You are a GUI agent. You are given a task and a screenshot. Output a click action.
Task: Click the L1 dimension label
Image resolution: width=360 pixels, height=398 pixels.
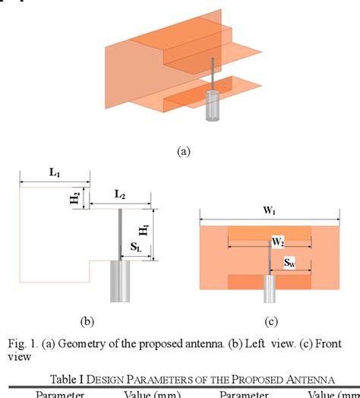click(55, 172)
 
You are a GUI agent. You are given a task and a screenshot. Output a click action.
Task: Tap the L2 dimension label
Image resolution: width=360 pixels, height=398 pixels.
click(120, 194)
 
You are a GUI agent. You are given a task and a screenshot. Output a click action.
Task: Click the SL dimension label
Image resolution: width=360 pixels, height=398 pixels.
click(134, 248)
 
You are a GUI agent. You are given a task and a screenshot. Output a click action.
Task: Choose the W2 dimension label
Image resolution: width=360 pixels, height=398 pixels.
click(279, 242)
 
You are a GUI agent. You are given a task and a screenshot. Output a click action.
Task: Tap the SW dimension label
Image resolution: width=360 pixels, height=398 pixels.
click(290, 263)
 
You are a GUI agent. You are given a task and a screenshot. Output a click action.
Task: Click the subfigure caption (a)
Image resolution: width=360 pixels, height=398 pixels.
click(183, 151)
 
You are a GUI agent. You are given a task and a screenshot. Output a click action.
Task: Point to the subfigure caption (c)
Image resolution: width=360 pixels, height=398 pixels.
click(270, 321)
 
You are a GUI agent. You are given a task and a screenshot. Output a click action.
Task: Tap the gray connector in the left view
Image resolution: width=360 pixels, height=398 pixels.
click(120, 280)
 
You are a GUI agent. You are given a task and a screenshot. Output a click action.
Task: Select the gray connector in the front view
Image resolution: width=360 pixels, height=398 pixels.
click(270, 289)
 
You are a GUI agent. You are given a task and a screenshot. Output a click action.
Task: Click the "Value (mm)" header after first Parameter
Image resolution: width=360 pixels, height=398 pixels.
click(150, 393)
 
